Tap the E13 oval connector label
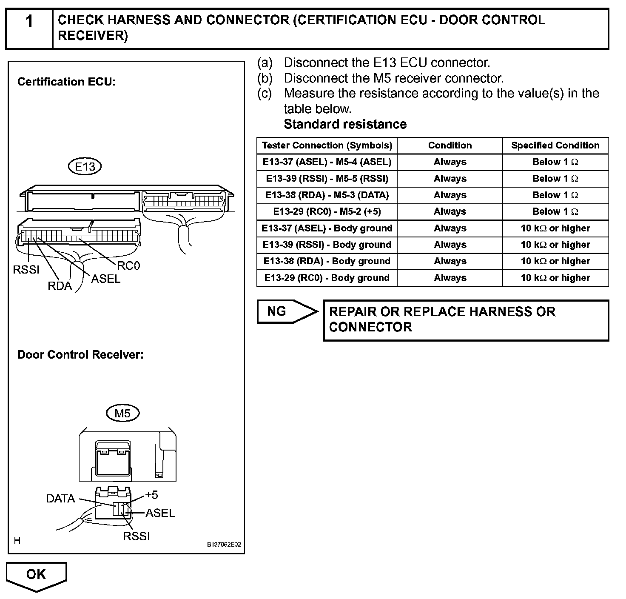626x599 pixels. coord(85,166)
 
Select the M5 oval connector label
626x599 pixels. coord(122,413)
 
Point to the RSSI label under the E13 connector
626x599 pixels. coord(26,270)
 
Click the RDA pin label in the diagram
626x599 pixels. coord(60,286)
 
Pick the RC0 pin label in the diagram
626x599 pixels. coord(128,266)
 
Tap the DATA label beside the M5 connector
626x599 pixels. coord(60,499)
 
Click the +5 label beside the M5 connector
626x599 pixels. coord(151,495)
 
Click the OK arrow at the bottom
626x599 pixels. coord(37,575)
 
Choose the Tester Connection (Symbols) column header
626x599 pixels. coord(327,145)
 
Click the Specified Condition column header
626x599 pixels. coord(555,145)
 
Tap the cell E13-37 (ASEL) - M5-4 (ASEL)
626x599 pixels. coord(327,162)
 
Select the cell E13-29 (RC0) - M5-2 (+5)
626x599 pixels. coord(327,212)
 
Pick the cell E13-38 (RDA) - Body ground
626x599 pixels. coord(327,261)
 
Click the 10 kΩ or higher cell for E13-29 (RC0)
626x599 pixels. coord(555,278)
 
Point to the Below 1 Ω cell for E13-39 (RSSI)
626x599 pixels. coord(555,179)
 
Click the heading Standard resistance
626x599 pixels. coord(345,124)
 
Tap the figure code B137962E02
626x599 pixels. coord(224,545)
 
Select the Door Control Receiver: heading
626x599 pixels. coord(80,355)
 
